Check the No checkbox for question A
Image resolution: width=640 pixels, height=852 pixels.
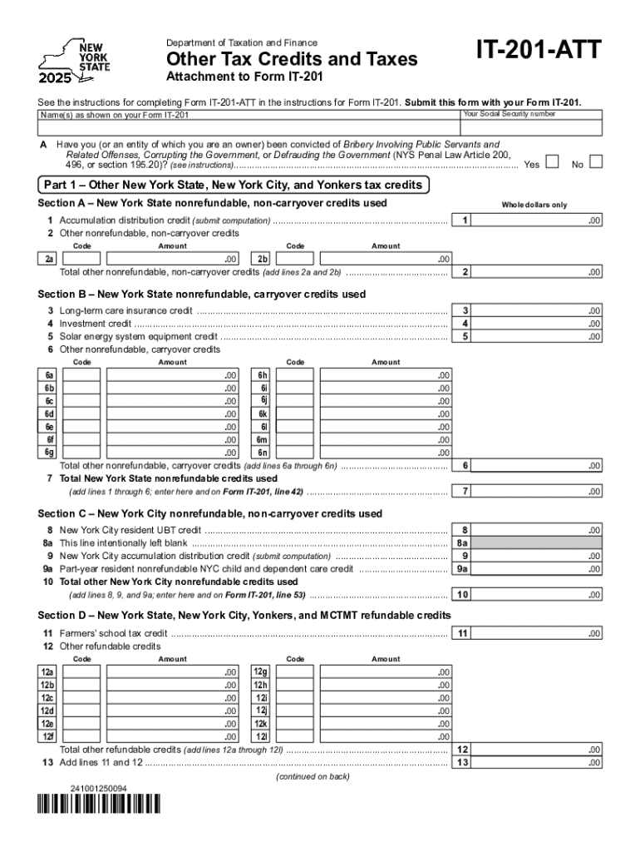tap(595, 161)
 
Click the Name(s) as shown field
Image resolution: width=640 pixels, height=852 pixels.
tap(249, 127)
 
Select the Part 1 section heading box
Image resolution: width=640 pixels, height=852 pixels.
tap(234, 185)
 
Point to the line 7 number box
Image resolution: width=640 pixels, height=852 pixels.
tap(465, 492)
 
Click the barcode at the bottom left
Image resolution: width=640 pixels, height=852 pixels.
tap(101, 805)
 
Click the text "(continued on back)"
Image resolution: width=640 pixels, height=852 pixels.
tap(312, 777)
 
